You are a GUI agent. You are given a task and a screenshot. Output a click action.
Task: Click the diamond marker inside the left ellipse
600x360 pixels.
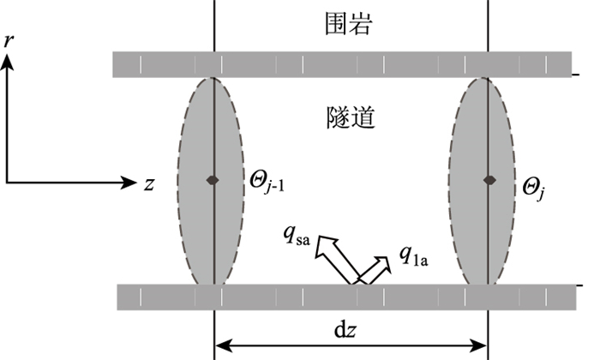pyautogui.click(x=213, y=180)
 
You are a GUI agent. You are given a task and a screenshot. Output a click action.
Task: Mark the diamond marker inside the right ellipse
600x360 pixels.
pyautogui.click(x=489, y=180)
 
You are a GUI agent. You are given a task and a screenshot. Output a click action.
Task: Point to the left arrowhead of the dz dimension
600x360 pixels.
pyautogui.click(x=221, y=346)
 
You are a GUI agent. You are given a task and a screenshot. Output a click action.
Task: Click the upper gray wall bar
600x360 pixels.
pyautogui.click(x=343, y=64)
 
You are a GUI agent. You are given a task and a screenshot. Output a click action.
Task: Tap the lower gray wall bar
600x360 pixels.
pyautogui.click(x=343, y=297)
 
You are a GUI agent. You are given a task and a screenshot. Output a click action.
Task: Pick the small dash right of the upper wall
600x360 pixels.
pyautogui.click(x=581, y=77)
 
